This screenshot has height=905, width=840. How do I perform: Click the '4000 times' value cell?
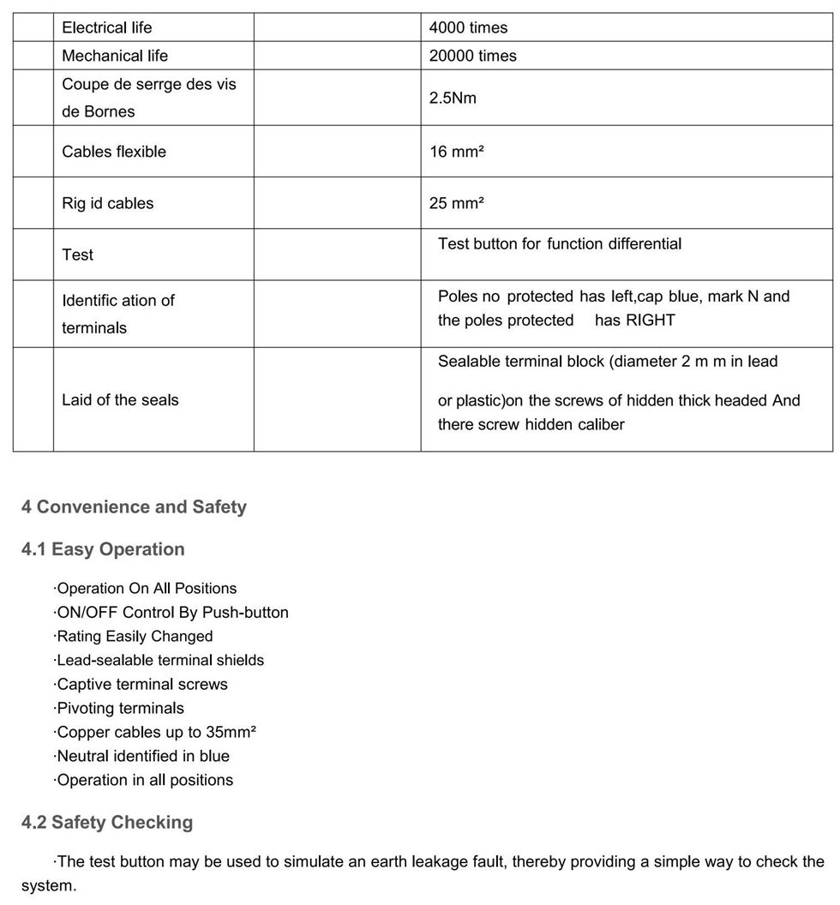click(x=468, y=27)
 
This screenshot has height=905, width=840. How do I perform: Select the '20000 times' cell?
click(x=472, y=56)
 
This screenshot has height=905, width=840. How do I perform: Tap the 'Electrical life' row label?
click(x=106, y=27)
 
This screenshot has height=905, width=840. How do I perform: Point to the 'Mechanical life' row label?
click(x=115, y=56)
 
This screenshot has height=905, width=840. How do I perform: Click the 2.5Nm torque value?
click(x=453, y=98)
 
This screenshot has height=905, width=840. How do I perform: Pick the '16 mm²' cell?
click(x=456, y=152)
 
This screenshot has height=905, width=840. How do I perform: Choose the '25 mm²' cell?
click(x=456, y=203)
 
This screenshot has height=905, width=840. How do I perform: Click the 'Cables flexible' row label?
click(x=114, y=152)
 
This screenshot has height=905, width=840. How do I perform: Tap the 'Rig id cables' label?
click(x=108, y=203)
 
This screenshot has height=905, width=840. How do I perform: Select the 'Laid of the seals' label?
click(x=120, y=399)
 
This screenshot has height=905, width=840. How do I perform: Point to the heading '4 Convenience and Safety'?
click(x=134, y=506)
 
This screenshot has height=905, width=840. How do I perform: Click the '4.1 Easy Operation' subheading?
click(x=103, y=549)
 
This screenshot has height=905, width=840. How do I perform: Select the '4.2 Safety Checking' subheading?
click(x=107, y=823)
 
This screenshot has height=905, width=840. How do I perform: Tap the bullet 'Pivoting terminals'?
click(x=119, y=708)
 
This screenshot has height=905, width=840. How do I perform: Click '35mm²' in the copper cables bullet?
click(x=231, y=732)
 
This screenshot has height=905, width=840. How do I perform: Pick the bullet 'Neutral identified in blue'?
click(x=142, y=756)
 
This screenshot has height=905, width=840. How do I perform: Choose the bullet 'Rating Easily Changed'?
click(x=134, y=636)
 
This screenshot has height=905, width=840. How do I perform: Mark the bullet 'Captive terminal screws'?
click(x=141, y=684)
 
